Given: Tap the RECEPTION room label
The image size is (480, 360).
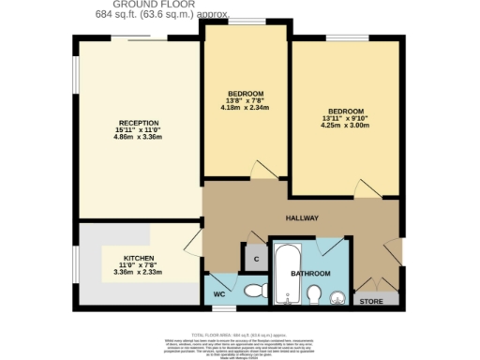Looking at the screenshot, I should [137, 123].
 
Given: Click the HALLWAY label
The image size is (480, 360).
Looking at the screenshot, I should [303, 218].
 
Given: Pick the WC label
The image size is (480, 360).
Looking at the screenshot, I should [220, 294].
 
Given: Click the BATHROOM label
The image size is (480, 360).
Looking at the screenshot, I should [310, 274].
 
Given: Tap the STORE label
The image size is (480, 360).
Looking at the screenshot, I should [372, 301].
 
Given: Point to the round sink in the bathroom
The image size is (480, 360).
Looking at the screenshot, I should [338, 296].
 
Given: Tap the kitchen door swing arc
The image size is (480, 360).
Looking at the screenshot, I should [191, 246].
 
